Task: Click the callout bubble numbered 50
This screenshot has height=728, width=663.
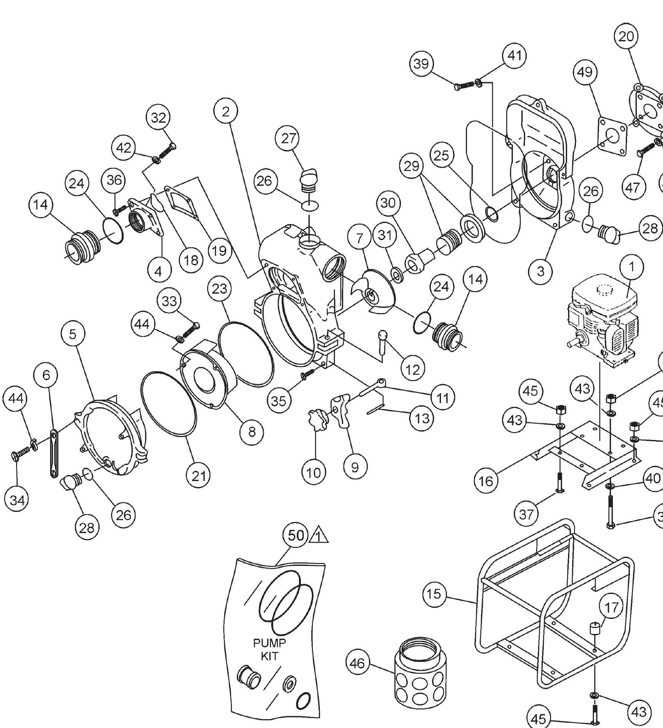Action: coord(296,535)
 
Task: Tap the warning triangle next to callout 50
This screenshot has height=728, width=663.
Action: coord(320,536)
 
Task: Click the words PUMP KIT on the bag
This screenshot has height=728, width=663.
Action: coord(269,650)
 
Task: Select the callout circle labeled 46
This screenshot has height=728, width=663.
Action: coord(357,663)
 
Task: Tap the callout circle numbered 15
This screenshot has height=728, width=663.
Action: coord(434,594)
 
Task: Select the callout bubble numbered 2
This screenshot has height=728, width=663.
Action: coord(225,111)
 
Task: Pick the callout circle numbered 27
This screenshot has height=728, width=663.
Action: coord(289,139)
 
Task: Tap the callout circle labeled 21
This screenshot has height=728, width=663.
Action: coord(199,476)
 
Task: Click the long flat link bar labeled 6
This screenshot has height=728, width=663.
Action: coord(54,454)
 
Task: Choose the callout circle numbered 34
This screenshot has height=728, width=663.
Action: coord(17,500)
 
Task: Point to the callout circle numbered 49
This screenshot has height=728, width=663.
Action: coord(585,72)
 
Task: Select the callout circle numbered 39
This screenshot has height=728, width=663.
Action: coord(421,64)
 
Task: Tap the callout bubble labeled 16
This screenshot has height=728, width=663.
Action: coord(486,481)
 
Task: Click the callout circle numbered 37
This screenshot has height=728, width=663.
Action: coord(526,514)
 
